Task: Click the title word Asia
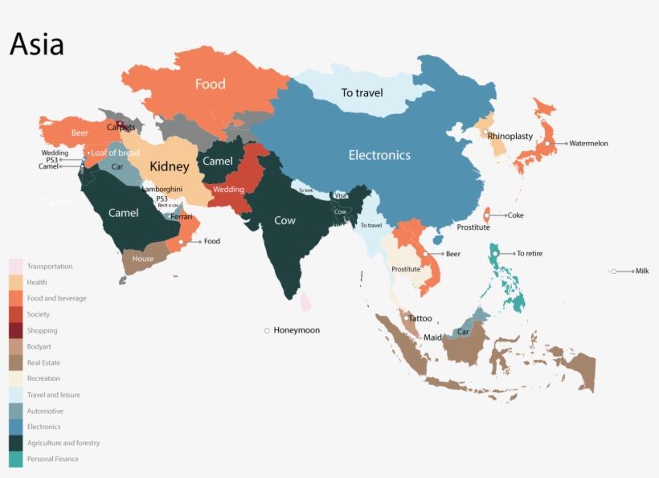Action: point(37,44)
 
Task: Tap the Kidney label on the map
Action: point(169,167)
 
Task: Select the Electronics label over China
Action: point(379,155)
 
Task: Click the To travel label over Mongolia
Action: point(362,92)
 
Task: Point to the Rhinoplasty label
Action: point(510,136)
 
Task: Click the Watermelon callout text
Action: point(588,144)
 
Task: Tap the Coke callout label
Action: point(515,215)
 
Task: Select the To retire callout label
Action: point(529,254)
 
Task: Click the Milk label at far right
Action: point(641,272)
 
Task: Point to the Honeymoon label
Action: point(297,330)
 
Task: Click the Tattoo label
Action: point(420,319)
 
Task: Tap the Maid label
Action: point(432,337)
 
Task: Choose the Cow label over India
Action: point(284,220)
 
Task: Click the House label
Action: point(143,259)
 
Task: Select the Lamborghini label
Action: point(162,189)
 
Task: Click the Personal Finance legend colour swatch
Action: point(16,460)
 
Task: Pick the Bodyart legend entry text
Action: point(39,347)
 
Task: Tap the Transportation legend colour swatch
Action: point(16,266)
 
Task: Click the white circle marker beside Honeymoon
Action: point(267,330)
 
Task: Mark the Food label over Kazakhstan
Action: point(211,84)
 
